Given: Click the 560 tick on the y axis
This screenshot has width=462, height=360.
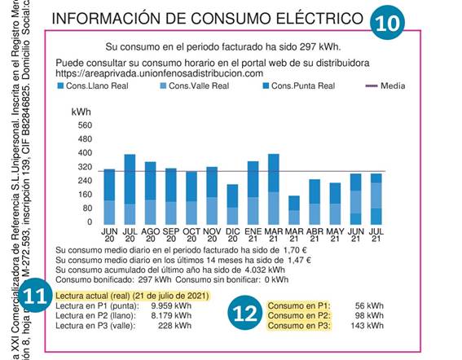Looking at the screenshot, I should click(84, 125).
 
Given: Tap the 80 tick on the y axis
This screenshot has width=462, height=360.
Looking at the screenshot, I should click(86, 209).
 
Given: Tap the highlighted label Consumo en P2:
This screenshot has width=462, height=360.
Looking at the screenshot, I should click(301, 316).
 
